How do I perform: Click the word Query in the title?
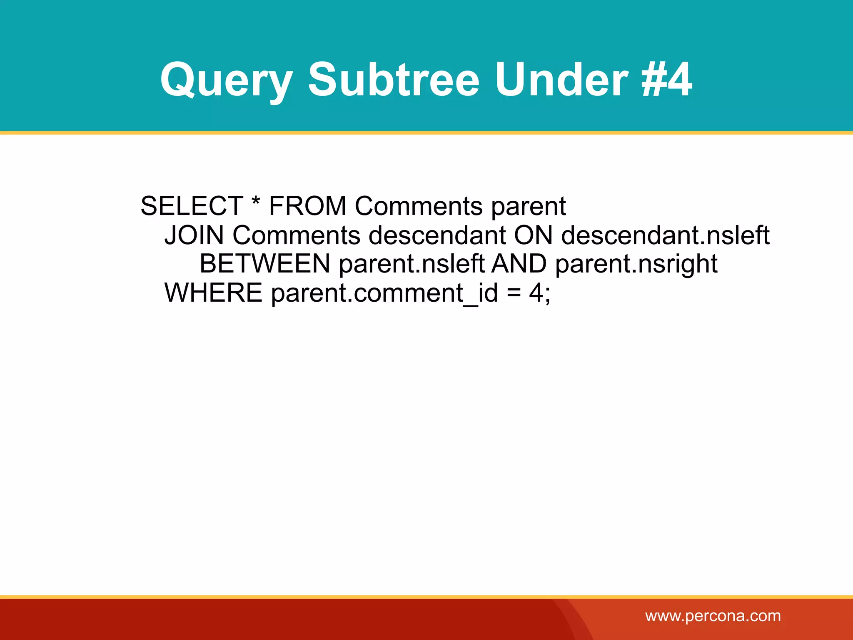click(227, 80)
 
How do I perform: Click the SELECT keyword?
click(192, 206)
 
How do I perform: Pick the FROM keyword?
click(307, 206)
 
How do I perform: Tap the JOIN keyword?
click(194, 235)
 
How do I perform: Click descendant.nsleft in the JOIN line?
click(665, 235)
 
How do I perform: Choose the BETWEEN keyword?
click(265, 264)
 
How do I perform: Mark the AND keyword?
click(519, 264)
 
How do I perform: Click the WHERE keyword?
click(213, 292)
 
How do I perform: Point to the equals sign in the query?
click(514, 293)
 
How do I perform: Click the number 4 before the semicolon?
click(536, 292)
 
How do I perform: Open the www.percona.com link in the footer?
click(713, 616)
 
